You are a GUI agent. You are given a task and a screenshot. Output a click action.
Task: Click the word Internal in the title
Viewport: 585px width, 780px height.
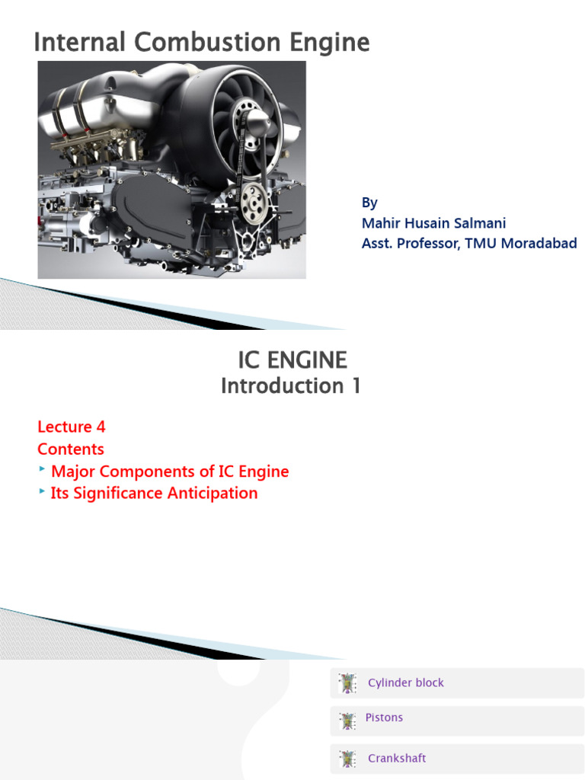pyautogui.click(x=72, y=43)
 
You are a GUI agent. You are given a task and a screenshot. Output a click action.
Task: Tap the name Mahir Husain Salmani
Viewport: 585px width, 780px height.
pyautogui.click(x=433, y=223)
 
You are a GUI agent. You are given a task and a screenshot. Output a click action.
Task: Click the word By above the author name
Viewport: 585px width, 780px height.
pyautogui.click(x=369, y=203)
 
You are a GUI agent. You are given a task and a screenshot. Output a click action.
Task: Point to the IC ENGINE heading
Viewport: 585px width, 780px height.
pyautogui.click(x=292, y=360)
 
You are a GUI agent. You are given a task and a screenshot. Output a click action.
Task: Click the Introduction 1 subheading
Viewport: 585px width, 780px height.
pyautogui.click(x=291, y=386)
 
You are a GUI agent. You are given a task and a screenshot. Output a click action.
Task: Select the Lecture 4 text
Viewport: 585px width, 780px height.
pyautogui.click(x=72, y=427)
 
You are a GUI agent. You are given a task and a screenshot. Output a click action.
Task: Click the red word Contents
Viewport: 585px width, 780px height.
pyautogui.click(x=71, y=449)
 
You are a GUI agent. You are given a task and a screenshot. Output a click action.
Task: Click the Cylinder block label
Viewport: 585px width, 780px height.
pyautogui.click(x=405, y=683)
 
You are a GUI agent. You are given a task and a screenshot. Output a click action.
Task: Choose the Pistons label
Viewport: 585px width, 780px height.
pyautogui.click(x=384, y=718)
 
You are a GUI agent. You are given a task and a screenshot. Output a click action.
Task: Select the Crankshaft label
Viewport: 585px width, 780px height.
pyautogui.click(x=397, y=759)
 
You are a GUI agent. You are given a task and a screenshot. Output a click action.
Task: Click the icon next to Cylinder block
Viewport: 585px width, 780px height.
pyautogui.click(x=347, y=683)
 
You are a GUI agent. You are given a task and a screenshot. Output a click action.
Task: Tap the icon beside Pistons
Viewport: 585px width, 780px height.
pyautogui.click(x=347, y=721)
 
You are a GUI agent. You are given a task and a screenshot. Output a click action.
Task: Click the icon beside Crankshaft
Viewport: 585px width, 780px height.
pyautogui.click(x=347, y=759)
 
